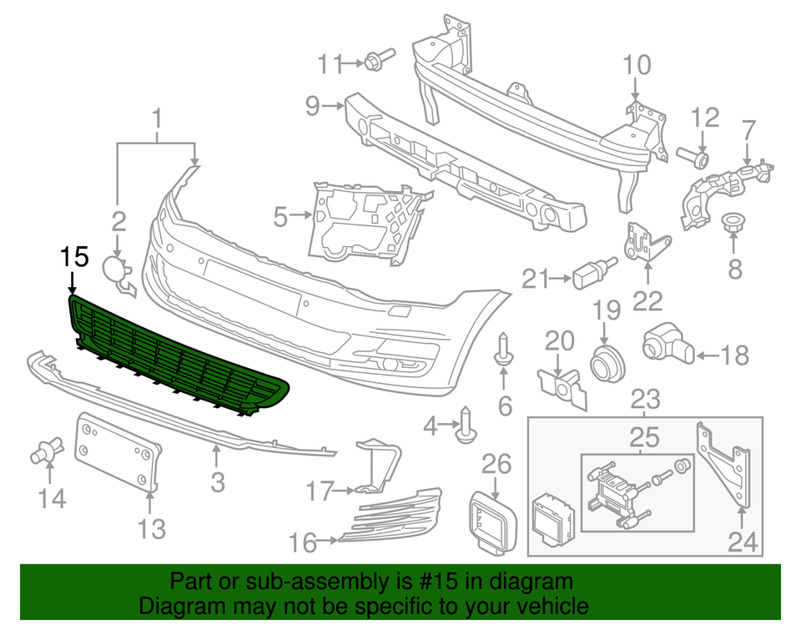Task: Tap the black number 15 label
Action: [73, 259]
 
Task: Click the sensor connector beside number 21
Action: [590, 272]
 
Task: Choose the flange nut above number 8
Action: [733, 224]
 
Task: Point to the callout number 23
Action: [645, 399]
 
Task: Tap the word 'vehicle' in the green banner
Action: [546, 605]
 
